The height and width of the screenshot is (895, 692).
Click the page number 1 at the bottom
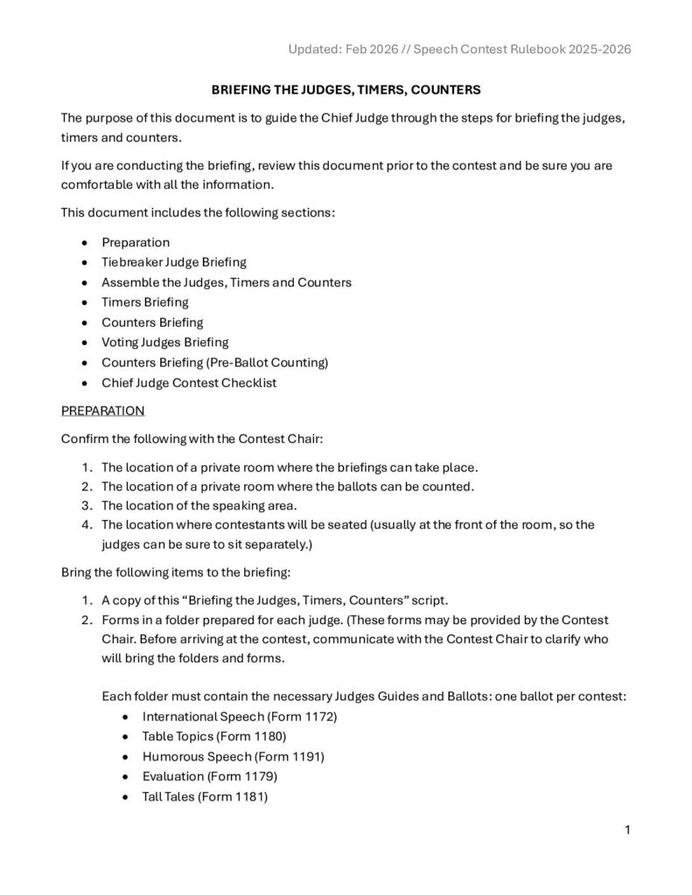click(x=627, y=829)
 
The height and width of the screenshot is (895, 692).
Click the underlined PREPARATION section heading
click(x=103, y=410)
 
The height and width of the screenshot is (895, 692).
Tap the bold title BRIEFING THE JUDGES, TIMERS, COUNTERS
click(x=346, y=90)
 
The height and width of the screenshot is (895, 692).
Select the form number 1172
click(x=318, y=717)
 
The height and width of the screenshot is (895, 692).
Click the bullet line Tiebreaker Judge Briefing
click(x=174, y=262)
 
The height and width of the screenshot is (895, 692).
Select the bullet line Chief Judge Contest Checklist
click(x=189, y=383)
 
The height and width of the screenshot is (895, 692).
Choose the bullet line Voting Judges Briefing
click(x=165, y=343)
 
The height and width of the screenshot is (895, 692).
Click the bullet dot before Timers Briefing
click(x=83, y=302)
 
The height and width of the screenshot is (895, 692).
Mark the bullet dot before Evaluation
click(x=128, y=777)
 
